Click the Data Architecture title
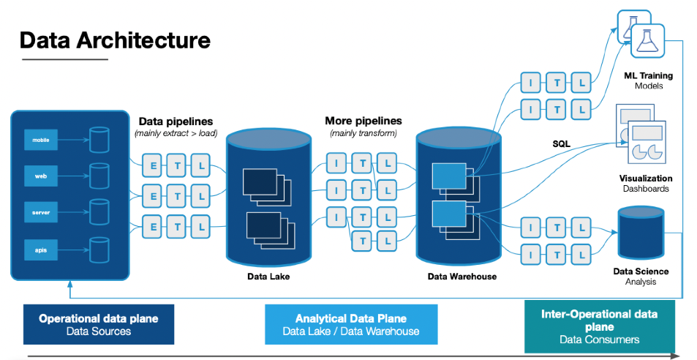(115, 40)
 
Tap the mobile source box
(41, 139)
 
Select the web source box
(41, 176)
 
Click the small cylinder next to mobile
(99, 140)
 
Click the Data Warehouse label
(461, 277)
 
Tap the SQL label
(562, 143)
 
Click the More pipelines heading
(363, 121)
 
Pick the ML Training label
(648, 75)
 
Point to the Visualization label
(646, 178)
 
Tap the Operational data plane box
(99, 324)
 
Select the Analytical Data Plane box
(351, 324)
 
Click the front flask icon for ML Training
(647, 41)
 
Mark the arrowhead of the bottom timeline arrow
(674, 356)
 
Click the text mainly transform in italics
(363, 133)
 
